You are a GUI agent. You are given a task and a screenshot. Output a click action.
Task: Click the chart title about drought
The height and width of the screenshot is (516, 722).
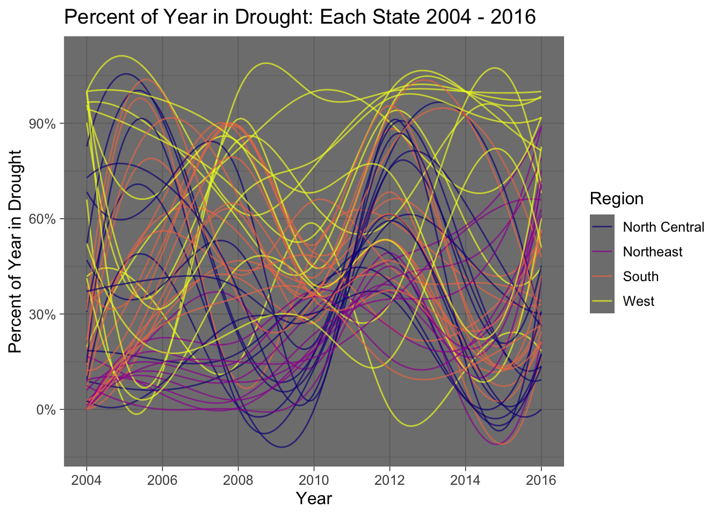tap(300, 17)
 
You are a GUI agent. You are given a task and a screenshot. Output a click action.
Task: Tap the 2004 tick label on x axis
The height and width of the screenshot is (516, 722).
tap(86, 480)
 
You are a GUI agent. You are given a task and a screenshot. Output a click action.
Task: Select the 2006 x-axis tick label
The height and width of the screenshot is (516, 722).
tap(162, 480)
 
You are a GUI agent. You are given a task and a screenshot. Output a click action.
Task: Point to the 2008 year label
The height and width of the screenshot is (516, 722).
tap(238, 480)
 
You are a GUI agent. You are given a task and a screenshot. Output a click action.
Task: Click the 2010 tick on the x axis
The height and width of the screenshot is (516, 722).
tap(314, 480)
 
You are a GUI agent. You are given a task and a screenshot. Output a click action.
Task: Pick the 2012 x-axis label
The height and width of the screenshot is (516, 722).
tap(389, 480)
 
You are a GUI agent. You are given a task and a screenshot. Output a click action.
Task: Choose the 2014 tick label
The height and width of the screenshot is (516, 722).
tap(465, 480)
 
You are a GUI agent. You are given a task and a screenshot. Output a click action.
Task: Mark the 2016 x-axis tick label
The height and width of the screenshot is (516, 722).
tap(541, 480)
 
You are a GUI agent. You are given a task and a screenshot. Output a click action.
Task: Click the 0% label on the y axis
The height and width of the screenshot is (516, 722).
tap(46, 410)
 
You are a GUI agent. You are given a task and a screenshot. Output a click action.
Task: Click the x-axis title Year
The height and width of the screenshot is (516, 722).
tap(314, 499)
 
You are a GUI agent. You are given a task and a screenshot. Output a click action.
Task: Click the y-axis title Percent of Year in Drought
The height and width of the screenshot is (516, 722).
tap(16, 252)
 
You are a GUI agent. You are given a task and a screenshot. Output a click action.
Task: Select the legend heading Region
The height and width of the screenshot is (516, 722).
tap(616, 199)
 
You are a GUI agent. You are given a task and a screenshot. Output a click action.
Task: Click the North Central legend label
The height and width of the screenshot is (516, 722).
tap(663, 227)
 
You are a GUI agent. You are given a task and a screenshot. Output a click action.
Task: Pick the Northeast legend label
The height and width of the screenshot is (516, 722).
tap(653, 252)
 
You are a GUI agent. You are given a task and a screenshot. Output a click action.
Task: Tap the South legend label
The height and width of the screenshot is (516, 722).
tap(640, 277)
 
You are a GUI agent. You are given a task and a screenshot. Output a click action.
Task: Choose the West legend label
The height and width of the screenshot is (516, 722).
tap(638, 302)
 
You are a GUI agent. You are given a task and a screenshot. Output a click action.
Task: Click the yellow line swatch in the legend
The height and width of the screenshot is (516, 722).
tap(602, 302)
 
